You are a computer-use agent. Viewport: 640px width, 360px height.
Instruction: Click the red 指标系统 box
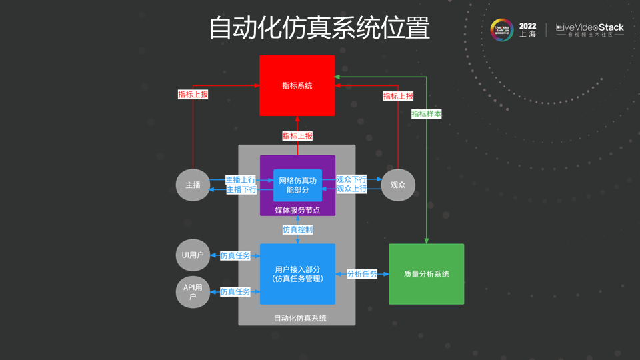297,85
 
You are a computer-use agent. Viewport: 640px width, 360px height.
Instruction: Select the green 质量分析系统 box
426,274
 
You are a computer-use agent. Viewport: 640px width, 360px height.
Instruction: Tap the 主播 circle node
193,185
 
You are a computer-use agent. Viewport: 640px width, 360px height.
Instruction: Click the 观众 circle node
398,185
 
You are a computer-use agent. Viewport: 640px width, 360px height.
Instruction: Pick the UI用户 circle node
193,255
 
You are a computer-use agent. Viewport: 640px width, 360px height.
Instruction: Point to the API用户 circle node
193,291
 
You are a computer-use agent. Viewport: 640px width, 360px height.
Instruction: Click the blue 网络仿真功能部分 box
297,185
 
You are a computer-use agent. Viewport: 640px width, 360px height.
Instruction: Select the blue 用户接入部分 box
297,273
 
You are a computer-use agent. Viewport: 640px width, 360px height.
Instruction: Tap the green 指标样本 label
427,114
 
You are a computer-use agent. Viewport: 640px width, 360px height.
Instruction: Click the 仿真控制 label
297,229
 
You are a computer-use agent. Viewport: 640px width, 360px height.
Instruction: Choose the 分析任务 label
362,274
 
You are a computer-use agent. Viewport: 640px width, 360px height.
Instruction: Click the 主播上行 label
241,180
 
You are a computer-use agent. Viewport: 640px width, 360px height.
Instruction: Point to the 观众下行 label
351,180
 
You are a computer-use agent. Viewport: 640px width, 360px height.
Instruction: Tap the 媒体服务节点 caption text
297,210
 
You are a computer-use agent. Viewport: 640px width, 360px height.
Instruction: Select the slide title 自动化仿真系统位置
319,28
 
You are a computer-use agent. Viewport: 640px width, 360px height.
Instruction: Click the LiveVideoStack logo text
590,28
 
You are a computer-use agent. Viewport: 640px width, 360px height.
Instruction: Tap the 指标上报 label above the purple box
297,136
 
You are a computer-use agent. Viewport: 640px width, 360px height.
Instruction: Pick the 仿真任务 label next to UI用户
235,255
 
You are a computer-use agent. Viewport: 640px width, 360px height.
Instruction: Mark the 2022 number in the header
527,25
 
